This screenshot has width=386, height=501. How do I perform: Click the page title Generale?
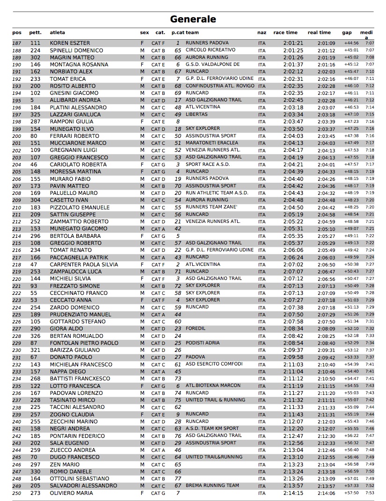[193, 19]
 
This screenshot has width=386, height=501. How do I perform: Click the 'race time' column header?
[285, 33]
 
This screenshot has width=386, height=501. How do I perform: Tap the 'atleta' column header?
[58, 33]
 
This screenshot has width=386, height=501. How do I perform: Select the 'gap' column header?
[347, 33]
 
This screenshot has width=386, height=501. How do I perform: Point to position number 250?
[17, 493]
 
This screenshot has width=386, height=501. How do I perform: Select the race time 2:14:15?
[293, 493]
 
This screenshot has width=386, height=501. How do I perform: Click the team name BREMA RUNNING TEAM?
[212, 486]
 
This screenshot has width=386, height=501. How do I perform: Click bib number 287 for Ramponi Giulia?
[36, 122]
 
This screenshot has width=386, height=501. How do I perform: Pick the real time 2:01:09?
[326, 43]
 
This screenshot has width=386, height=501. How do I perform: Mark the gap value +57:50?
[351, 493]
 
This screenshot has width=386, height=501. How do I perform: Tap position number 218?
[17, 265]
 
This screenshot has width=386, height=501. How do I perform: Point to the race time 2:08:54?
[293, 343]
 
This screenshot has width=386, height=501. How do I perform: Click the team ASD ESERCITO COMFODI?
[214, 364]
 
